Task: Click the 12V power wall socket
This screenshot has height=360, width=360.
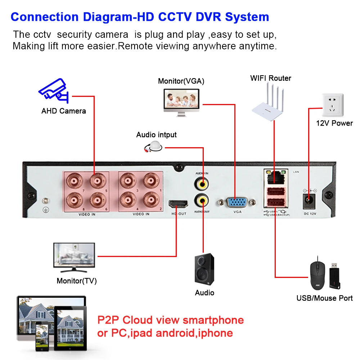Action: pos(333,105)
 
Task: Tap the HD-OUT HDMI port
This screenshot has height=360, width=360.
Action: pos(178,204)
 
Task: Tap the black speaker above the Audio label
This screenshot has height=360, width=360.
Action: pos(204,269)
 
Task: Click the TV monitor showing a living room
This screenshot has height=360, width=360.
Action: pos(74,255)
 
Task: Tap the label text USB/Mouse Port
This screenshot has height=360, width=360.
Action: pos(324,298)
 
